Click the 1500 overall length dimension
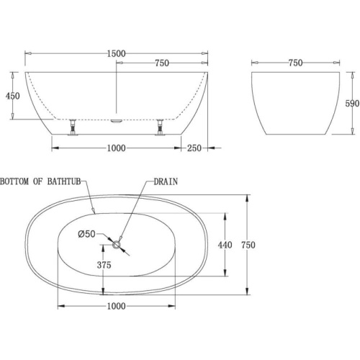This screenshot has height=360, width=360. coord(116,53)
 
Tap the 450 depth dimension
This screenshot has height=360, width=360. coord(13,96)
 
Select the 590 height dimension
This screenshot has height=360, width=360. coord(352,104)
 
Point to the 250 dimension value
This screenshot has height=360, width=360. coord(194,148)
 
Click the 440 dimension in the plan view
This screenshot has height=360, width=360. coord(225,245)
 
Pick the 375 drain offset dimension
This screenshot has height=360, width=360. coord(104,265)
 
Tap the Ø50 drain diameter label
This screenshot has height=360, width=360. coord(86,234)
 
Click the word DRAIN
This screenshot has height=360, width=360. coord(166,181)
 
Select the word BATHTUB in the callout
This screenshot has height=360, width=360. coord(64,181)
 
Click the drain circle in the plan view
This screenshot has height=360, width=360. coord(117,245)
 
